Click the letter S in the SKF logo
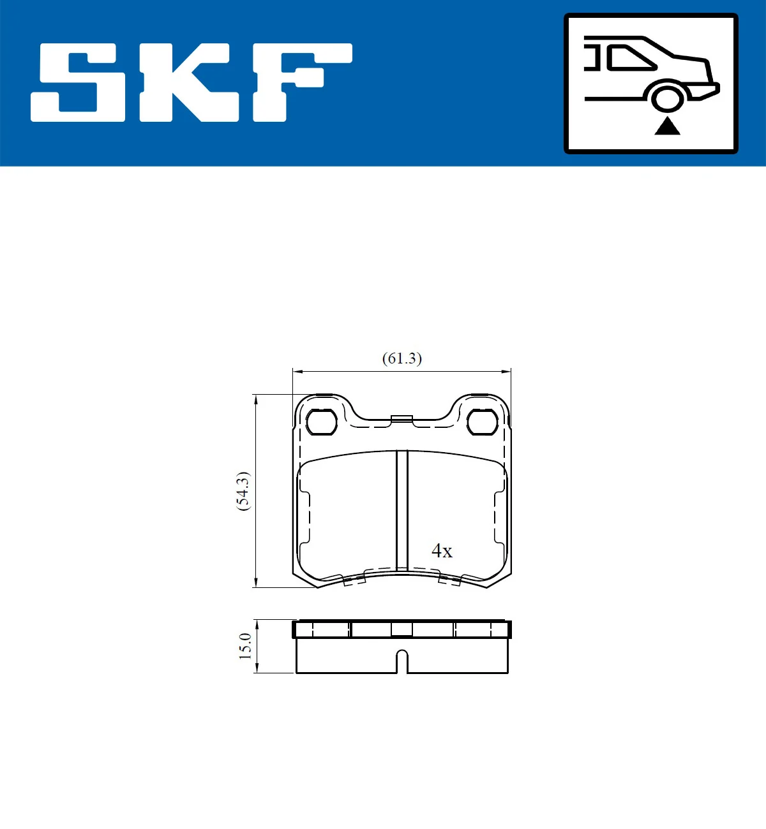[x=80, y=83]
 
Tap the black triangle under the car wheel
[x=667, y=126]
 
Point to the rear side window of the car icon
[x=629, y=58]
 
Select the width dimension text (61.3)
[x=402, y=358]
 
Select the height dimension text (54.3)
[x=243, y=491]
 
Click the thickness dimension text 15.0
[x=245, y=646]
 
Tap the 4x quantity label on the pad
[x=442, y=550]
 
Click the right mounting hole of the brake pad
[x=482, y=422]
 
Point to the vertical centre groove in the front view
[x=402, y=510]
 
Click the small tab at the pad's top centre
[x=402, y=418]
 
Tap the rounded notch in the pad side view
[x=402, y=660]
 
